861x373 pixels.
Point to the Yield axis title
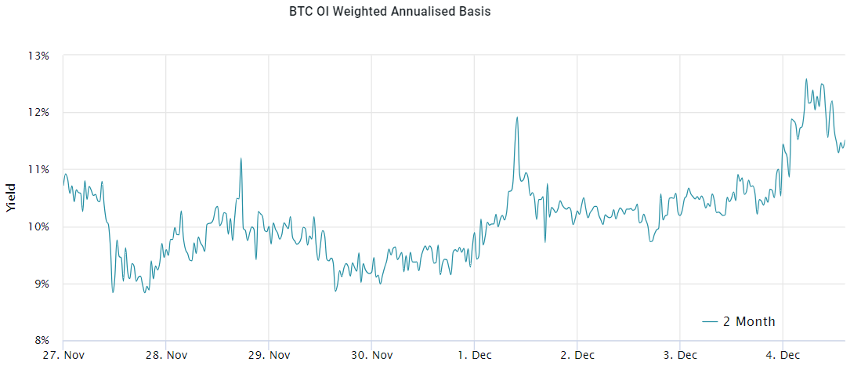coord(11,198)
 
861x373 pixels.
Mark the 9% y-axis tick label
coord(41,284)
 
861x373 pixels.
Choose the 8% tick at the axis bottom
coord(41,341)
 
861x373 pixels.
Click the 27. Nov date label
coord(64,355)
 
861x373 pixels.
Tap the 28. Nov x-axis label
coord(166,355)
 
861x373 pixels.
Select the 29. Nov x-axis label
coord(269,355)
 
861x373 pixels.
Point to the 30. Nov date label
coord(371,355)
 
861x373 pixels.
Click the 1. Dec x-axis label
coord(475,355)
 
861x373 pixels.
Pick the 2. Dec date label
coord(577,355)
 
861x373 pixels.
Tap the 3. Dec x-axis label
coord(680,355)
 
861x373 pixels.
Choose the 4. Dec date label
coord(783,355)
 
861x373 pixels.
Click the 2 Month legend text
coord(749,322)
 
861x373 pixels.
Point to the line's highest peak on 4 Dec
coord(806,79)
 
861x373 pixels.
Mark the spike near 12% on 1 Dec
coord(517,118)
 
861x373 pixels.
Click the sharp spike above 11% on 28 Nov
coord(241,158)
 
